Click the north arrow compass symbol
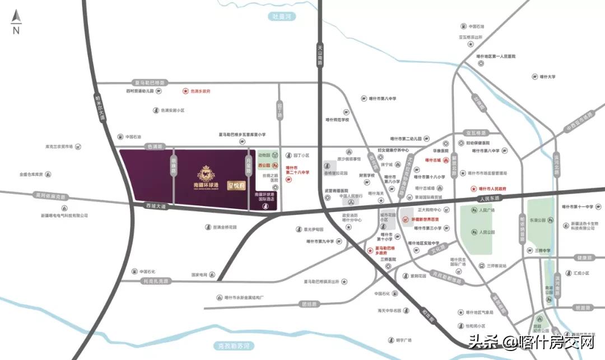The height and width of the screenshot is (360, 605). [16, 21]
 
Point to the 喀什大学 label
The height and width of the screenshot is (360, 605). [546, 77]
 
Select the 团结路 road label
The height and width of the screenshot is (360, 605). [309, 304]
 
